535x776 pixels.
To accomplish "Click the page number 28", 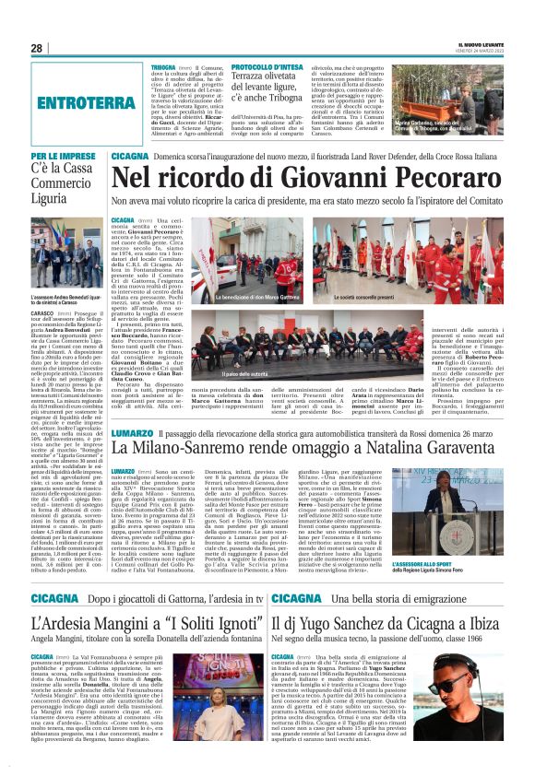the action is point(36,49).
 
